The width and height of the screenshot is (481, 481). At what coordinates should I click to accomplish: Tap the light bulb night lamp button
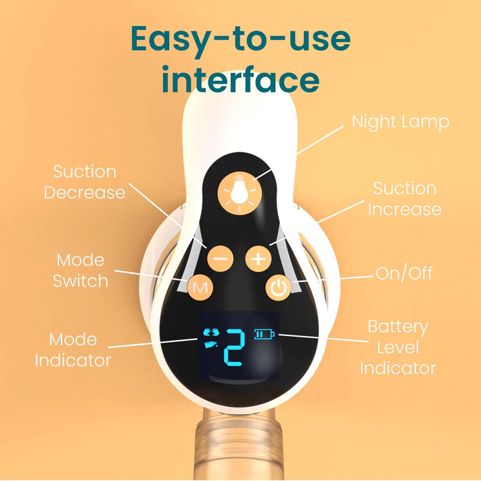(x=240, y=192)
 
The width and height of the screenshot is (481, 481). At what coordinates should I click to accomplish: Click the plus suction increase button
(x=259, y=259)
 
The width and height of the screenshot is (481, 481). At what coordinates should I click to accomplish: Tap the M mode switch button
(x=200, y=287)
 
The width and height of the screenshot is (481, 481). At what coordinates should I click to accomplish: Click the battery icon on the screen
(x=265, y=334)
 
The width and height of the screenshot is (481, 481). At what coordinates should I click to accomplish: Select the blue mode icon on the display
(x=211, y=338)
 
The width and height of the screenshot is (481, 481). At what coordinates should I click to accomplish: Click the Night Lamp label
(x=400, y=122)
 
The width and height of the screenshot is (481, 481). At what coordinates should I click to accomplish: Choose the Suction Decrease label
(x=85, y=182)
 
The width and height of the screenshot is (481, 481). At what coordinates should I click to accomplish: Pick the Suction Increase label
(x=405, y=199)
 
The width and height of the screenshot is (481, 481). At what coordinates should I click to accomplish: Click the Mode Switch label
(x=80, y=271)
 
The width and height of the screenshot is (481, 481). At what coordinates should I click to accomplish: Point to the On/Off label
(x=404, y=273)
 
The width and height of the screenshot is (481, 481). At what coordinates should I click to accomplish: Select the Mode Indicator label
(x=73, y=350)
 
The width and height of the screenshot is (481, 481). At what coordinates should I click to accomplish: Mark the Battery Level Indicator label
(x=398, y=347)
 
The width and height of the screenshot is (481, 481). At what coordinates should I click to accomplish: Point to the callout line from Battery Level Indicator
(x=323, y=338)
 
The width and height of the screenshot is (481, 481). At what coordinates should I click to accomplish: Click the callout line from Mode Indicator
(x=153, y=343)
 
